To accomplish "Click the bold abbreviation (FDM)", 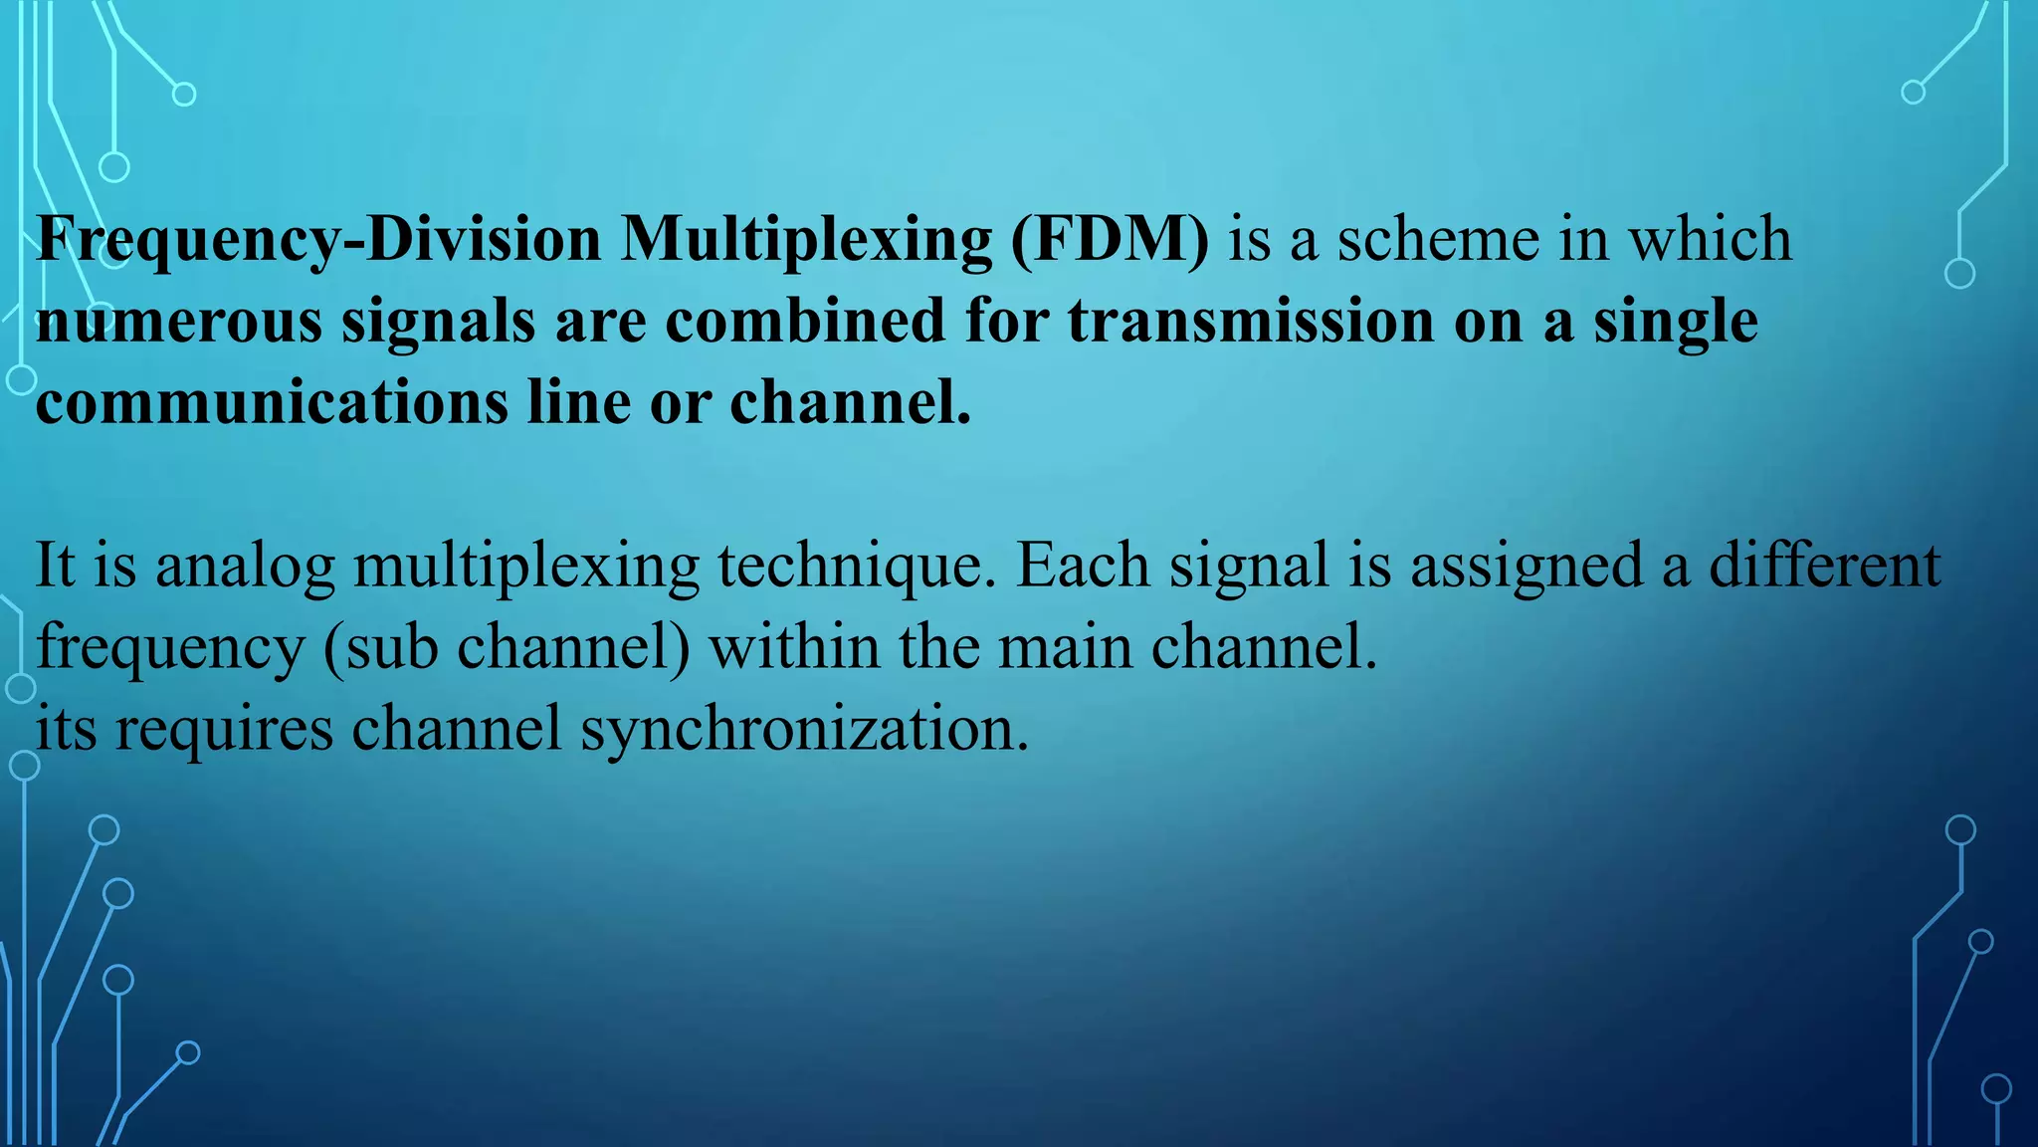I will [1110, 240].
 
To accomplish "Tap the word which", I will [1710, 240].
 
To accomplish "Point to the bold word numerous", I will [179, 323].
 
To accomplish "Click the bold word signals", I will [439, 323].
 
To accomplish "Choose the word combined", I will [805, 321].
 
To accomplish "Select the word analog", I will [245, 567].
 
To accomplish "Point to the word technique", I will [857, 567].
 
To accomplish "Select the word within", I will [794, 646].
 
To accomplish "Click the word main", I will [1065, 646].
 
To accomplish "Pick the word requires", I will [224, 730].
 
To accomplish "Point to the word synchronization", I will [804, 730].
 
